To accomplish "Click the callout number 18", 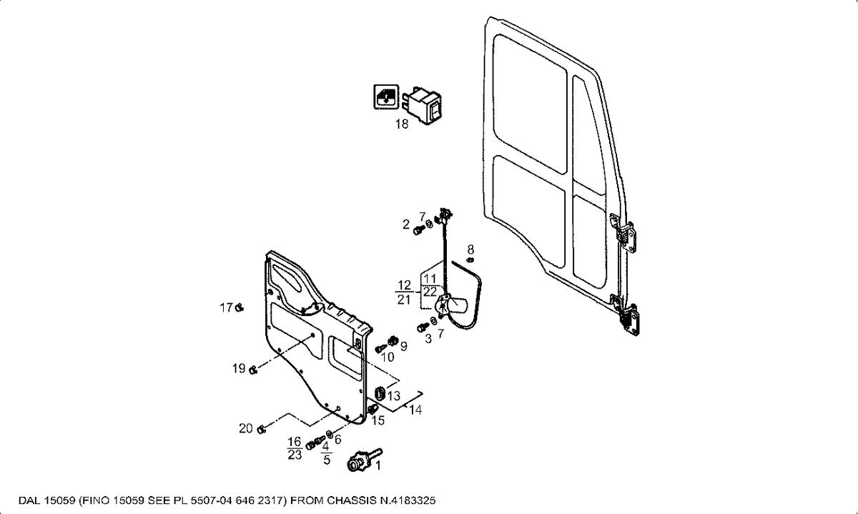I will (402, 124).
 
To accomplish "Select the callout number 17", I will (226, 308).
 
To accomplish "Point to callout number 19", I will (239, 369).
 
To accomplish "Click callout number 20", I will (246, 429).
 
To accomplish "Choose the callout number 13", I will (394, 395).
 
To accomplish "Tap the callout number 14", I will (415, 410).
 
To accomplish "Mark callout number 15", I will (378, 420).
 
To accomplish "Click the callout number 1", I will (378, 465).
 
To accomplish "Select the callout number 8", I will (470, 249).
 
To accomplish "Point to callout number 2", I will (406, 225).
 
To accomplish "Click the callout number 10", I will (388, 357).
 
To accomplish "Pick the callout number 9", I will (403, 346).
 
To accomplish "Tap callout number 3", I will (428, 338).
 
